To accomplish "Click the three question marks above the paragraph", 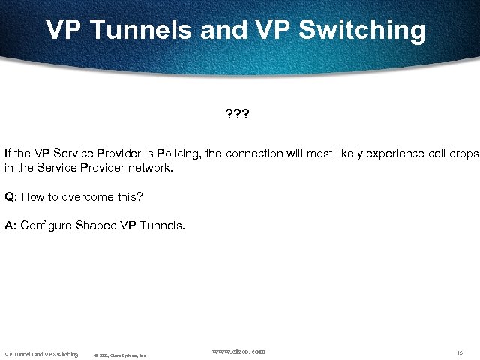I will coord(238,116).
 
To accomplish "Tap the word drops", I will coord(460,154).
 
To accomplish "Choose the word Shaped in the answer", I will coord(94,225).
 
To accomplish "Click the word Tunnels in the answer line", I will coord(159,225).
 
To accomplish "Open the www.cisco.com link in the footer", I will coord(239,351).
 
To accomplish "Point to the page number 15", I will coord(459,352).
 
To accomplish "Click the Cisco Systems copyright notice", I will coord(121,355).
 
